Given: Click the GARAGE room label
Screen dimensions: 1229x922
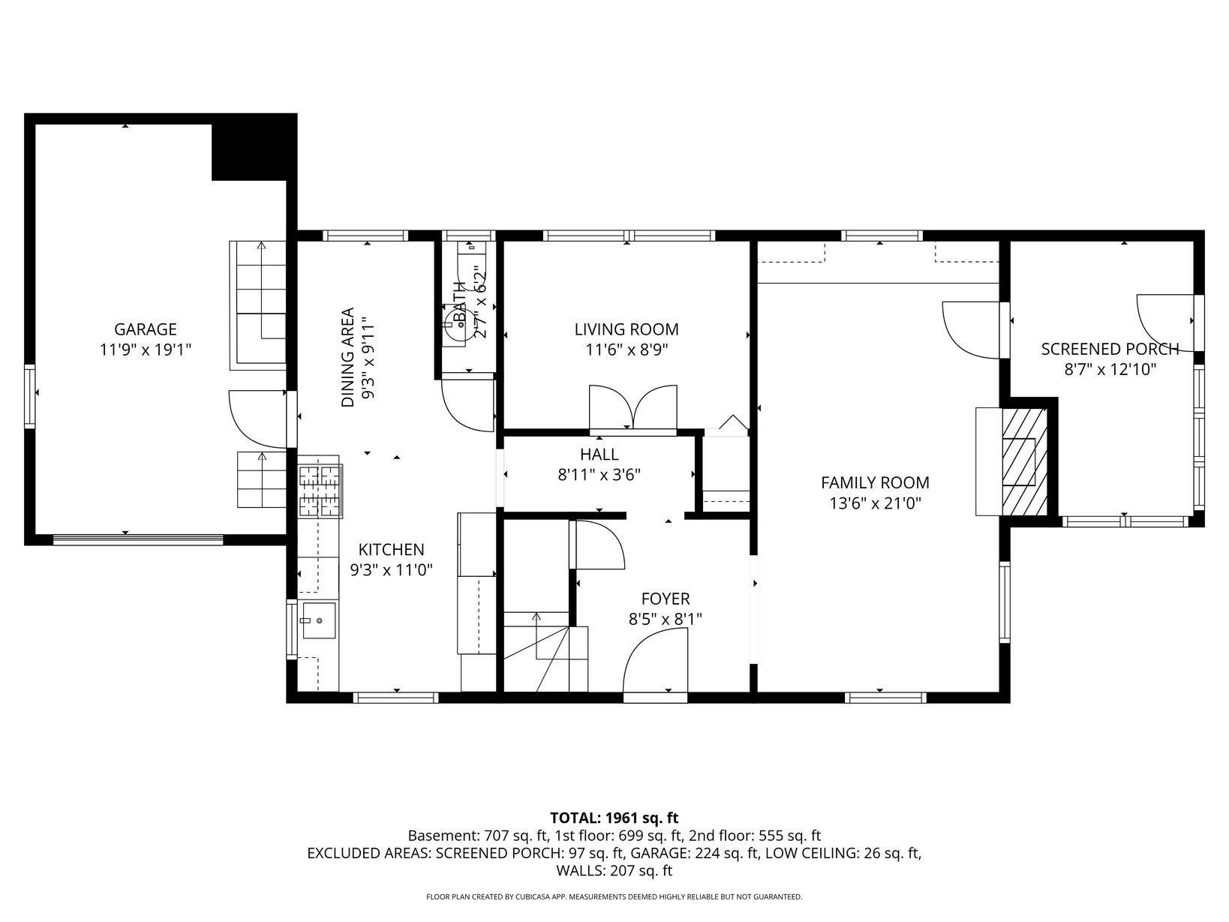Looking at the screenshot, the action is (x=145, y=329).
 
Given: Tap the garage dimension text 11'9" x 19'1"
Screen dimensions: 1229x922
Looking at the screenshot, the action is (x=145, y=350).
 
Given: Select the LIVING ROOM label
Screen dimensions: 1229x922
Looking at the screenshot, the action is (x=626, y=329).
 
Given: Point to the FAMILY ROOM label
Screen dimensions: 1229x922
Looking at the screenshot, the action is (x=875, y=482).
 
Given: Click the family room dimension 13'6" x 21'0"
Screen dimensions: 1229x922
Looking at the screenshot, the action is (x=875, y=504).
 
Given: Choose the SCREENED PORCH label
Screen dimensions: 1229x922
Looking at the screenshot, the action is (x=1110, y=350).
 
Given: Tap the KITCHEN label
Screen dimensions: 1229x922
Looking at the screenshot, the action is (x=391, y=549).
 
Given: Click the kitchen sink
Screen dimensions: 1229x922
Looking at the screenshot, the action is (x=319, y=620).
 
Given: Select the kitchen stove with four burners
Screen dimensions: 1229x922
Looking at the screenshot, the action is (x=320, y=491).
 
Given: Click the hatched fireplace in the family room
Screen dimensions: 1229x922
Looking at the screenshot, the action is (x=1024, y=462).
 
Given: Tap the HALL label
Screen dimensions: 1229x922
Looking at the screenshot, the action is (x=599, y=454).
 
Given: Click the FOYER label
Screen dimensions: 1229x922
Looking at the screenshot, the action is (x=666, y=599).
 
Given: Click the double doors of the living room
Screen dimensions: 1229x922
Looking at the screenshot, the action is (x=633, y=407).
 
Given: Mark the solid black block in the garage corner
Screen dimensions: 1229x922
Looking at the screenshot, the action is (x=254, y=152).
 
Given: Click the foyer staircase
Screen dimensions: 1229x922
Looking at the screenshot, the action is (x=546, y=652).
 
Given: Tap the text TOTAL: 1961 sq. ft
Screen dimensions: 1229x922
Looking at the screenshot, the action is (x=614, y=818).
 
